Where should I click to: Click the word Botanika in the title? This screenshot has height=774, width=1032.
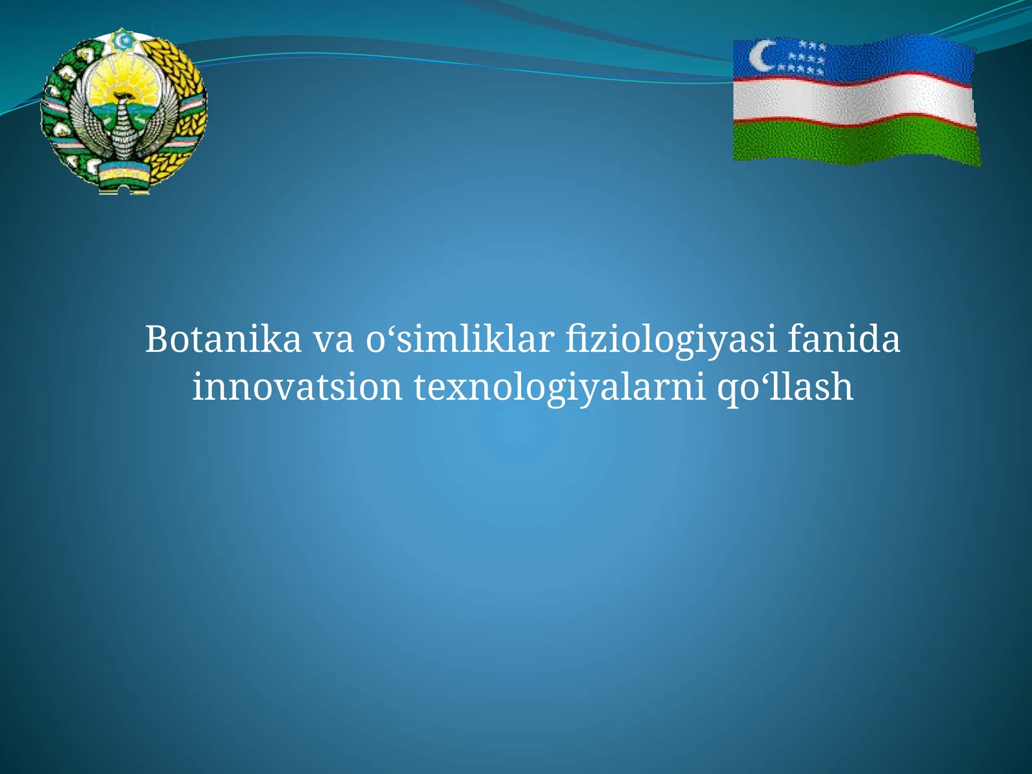(223, 339)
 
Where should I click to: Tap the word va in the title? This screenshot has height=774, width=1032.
(333, 341)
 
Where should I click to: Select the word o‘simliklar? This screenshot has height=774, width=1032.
(460, 339)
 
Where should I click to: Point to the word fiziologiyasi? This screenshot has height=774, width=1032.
(671, 341)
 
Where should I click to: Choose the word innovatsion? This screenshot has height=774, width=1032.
(297, 387)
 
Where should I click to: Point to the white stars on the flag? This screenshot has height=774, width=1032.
(803, 58)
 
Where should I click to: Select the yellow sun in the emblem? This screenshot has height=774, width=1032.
(123, 84)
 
